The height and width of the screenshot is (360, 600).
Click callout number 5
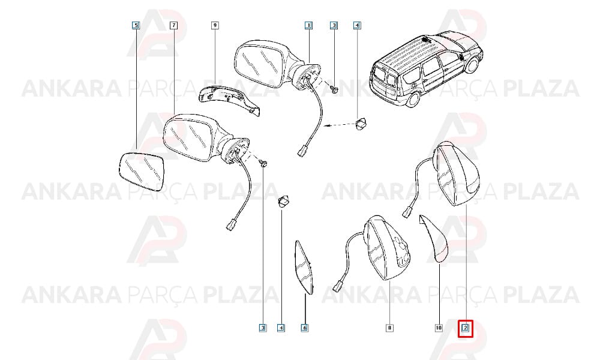point(136,26)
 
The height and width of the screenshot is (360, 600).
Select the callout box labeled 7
point(174,26)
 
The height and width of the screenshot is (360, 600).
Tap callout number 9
point(215,26)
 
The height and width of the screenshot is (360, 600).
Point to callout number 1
point(308,26)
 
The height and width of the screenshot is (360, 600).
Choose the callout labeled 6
point(305,328)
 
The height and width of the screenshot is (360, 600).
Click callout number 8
point(389,328)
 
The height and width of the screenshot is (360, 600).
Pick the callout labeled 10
point(439,328)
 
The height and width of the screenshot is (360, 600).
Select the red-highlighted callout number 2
point(466,328)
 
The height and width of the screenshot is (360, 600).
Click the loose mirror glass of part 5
point(141,172)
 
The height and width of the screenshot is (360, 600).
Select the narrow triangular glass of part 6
point(305,268)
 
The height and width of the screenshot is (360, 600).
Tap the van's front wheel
point(472,65)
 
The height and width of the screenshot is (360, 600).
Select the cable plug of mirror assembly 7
point(231,224)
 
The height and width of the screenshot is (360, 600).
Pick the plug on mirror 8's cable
point(339,287)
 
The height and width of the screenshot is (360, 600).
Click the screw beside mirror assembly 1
point(335,90)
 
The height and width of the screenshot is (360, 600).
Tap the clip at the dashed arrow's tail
point(361,123)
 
